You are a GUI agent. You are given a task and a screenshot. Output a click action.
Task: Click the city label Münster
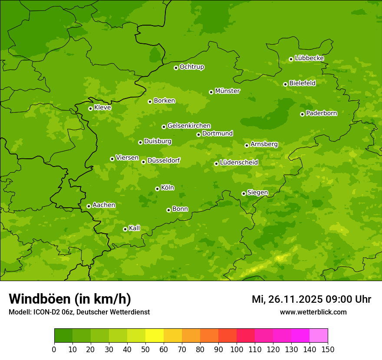(x=227, y=91)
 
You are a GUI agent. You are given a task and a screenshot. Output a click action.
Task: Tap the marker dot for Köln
(x=157, y=189)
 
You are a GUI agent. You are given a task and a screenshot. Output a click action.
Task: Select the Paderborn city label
(x=321, y=113)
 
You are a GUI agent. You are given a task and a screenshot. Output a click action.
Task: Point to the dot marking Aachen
(x=89, y=206)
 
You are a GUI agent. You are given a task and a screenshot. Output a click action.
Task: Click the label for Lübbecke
(x=309, y=58)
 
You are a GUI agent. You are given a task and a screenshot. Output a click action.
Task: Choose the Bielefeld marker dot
(x=285, y=84)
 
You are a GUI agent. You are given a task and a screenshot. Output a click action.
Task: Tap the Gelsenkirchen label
(x=189, y=126)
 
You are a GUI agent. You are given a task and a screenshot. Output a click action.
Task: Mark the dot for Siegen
(x=244, y=193)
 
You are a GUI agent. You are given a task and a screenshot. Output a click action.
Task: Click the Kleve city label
(x=102, y=108)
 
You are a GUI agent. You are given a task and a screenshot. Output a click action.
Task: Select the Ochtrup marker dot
(x=176, y=68)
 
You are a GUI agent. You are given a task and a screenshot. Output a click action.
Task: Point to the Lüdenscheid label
(x=239, y=163)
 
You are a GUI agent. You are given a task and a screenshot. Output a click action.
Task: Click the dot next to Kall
(x=125, y=229)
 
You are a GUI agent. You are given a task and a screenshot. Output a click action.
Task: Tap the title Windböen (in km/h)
(x=70, y=299)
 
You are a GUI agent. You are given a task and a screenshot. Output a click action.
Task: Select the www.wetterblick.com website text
(x=313, y=312)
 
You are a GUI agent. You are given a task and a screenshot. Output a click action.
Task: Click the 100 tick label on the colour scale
(x=237, y=349)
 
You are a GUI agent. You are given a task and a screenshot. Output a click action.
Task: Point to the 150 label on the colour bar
(x=328, y=349)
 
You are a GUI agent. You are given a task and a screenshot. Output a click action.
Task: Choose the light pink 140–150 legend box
(x=319, y=336)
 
